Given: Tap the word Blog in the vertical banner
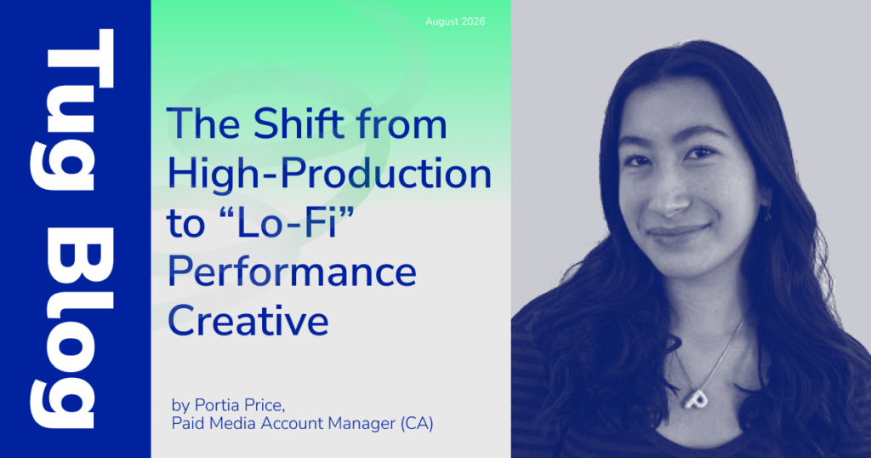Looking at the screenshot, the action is pyautogui.click(x=71, y=328).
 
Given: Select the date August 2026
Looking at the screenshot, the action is pyautogui.click(x=455, y=21).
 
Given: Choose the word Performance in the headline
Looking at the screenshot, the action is pyautogui.click(x=293, y=272).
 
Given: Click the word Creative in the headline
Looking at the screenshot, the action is pyautogui.click(x=248, y=321).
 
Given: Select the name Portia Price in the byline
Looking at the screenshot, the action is pyautogui.click(x=239, y=405).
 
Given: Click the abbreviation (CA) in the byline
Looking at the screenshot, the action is pyautogui.click(x=417, y=424).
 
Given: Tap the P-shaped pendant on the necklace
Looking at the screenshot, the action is pyautogui.click(x=695, y=398).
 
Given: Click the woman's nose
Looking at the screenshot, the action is pyautogui.click(x=667, y=198).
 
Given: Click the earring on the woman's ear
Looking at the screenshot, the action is pyautogui.click(x=768, y=213).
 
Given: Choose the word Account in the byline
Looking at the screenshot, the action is pyautogui.click(x=292, y=424).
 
